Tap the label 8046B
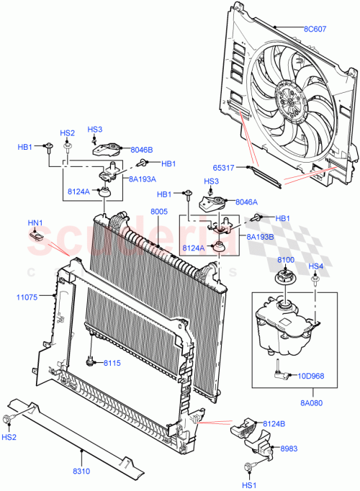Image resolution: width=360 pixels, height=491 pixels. click(142, 150)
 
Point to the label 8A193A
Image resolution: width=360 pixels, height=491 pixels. click(143, 178)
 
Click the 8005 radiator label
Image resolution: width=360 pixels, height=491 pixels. click(159, 212)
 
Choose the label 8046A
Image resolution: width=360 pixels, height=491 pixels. click(244, 204)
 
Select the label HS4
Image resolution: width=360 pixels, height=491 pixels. click(316, 266)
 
